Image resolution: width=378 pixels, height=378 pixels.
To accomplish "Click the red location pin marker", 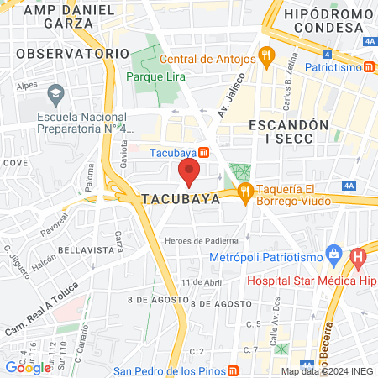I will click(189, 172).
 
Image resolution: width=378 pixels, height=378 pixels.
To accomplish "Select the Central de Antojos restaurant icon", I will click(267, 58).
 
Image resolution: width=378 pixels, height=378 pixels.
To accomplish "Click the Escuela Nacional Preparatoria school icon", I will click(57, 92).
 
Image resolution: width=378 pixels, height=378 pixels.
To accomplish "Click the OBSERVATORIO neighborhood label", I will click(66, 53).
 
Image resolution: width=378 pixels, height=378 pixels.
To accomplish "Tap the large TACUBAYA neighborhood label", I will click(181, 200).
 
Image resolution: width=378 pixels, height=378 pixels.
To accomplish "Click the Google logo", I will click(27, 367).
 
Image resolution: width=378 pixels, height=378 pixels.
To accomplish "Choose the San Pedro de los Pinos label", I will click(174, 370).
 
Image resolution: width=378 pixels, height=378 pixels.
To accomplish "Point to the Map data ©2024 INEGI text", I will click(327, 371).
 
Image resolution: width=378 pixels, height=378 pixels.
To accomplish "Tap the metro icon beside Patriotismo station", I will click(369, 67).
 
